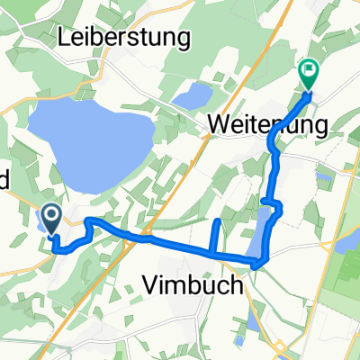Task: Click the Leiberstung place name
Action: [124, 38]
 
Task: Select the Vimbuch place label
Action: [193, 285]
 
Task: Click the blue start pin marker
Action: [51, 217]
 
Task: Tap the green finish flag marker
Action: [308, 69]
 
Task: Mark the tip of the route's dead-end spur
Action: [219, 220]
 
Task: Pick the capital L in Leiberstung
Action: [65, 38]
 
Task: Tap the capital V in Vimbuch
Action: [150, 285]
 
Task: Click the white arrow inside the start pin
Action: [51, 215]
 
